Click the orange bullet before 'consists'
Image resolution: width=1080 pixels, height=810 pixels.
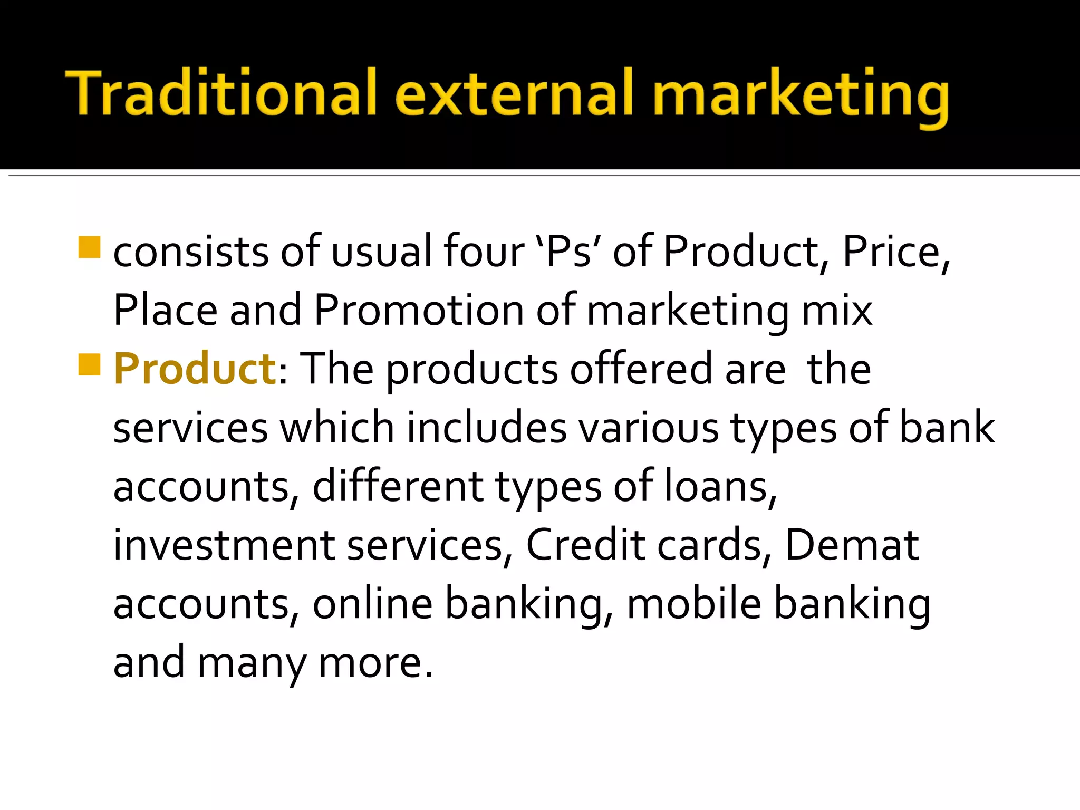[x=89, y=247]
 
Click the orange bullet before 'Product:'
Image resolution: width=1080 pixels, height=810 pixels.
[x=89, y=364]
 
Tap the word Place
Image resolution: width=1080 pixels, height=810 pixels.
[x=165, y=310]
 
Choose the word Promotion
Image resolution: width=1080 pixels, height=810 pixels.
[x=418, y=310]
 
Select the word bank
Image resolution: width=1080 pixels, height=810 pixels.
[x=947, y=427]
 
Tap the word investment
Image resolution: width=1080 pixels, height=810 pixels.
[x=224, y=545]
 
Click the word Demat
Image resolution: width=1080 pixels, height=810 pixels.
[x=852, y=545]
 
